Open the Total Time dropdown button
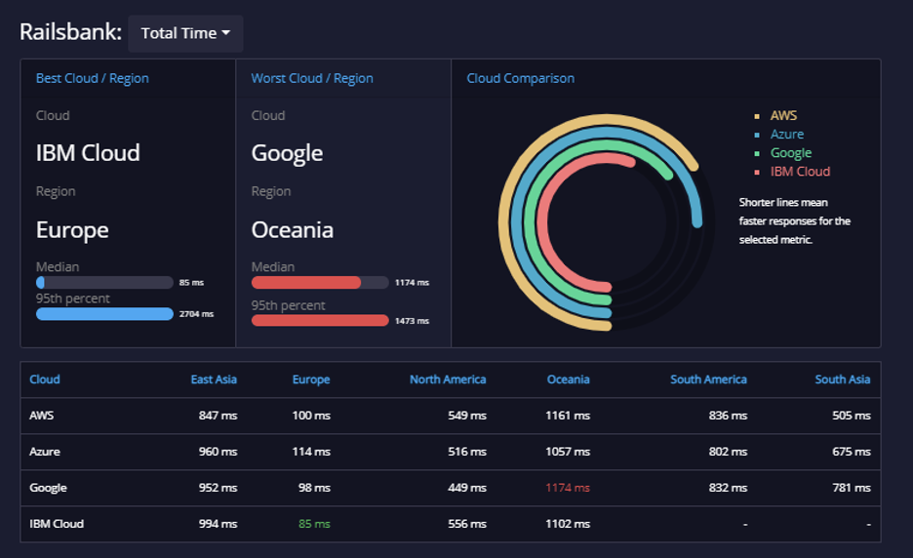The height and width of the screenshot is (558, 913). click(x=185, y=34)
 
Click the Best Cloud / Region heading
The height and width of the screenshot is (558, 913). click(x=92, y=79)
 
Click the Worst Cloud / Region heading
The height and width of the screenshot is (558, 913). click(x=312, y=79)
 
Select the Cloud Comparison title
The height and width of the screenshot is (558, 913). click(x=521, y=79)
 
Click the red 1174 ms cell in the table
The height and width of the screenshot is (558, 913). click(x=568, y=488)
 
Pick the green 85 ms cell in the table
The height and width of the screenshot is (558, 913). click(x=314, y=524)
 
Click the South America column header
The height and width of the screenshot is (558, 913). click(x=708, y=379)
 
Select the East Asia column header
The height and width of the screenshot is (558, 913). click(x=214, y=379)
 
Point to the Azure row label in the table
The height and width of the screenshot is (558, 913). click(x=45, y=452)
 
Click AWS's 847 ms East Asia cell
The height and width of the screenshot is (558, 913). click(x=218, y=416)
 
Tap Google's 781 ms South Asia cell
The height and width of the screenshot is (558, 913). click(x=852, y=488)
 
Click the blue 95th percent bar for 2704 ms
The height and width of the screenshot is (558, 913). click(x=104, y=314)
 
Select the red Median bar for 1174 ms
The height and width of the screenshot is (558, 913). click(x=306, y=283)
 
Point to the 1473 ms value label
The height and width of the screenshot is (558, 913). click(x=413, y=321)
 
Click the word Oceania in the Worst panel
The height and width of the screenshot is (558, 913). click(x=293, y=230)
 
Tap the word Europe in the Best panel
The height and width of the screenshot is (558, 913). click(x=72, y=230)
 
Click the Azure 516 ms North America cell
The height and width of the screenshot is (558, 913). click(x=467, y=452)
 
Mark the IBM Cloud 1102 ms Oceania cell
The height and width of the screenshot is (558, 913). click(x=568, y=524)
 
